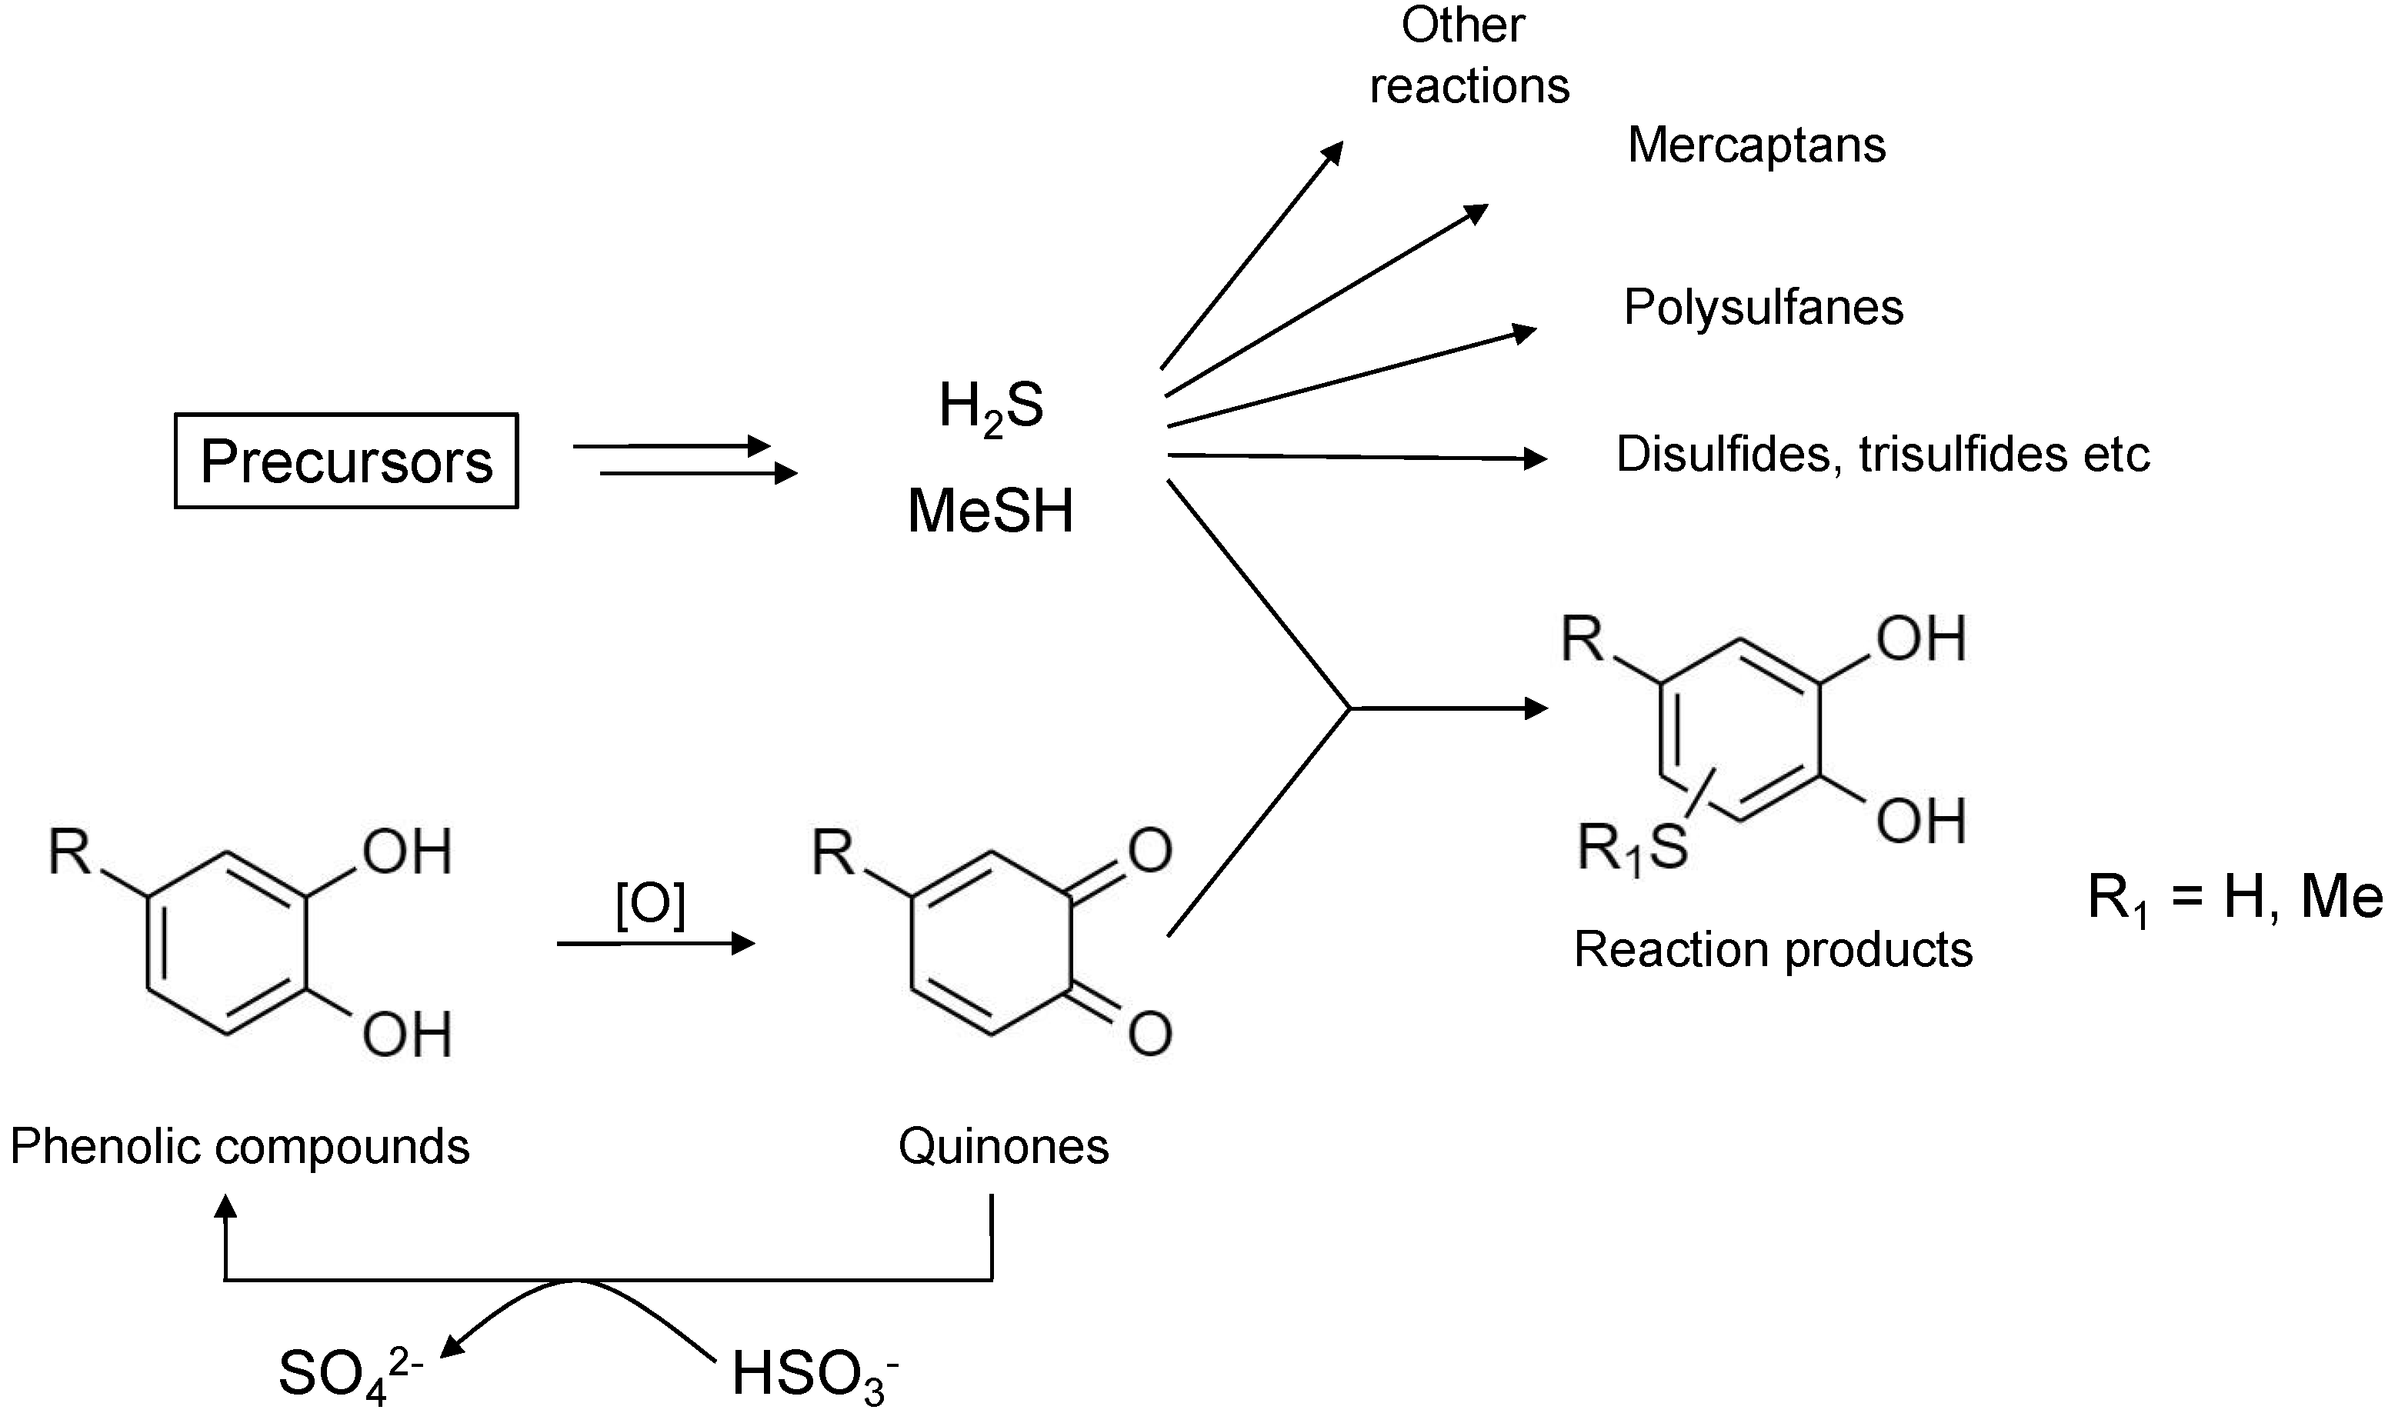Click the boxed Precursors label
pos(345,461)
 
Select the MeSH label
pos(990,512)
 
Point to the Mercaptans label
pos(1756,145)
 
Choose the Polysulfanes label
pos(1763,308)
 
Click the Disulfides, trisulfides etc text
pos(1883,454)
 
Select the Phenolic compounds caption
pos(240,1146)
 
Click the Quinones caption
pos(1002,1146)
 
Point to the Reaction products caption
pos(1773,949)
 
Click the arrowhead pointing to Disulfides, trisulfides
pos(1534,459)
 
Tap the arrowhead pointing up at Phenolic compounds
pos(225,1209)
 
